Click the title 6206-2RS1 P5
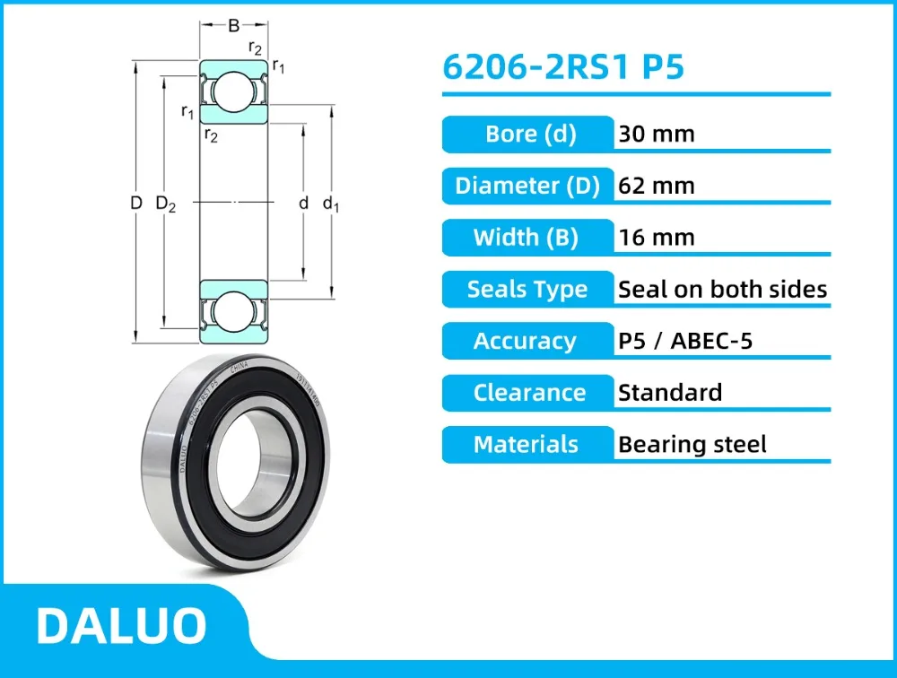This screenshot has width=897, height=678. (x=563, y=68)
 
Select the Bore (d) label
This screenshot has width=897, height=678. (x=529, y=135)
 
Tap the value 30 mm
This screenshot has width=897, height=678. (x=657, y=135)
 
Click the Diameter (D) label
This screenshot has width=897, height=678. (x=527, y=186)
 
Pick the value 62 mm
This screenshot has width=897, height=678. (x=657, y=186)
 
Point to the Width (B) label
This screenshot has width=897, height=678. (x=527, y=238)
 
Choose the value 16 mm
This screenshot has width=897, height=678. (x=657, y=238)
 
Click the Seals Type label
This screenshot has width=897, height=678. (x=527, y=290)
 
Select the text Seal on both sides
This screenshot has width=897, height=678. (x=722, y=290)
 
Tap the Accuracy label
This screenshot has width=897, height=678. (x=526, y=341)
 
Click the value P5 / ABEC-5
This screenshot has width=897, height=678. (x=686, y=341)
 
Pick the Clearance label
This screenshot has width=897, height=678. (x=529, y=393)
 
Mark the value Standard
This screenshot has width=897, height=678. (x=670, y=393)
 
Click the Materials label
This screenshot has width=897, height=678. (x=527, y=444)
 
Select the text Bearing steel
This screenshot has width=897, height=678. (x=692, y=444)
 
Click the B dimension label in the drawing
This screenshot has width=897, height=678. (x=233, y=25)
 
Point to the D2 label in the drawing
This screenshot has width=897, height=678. (x=166, y=204)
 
